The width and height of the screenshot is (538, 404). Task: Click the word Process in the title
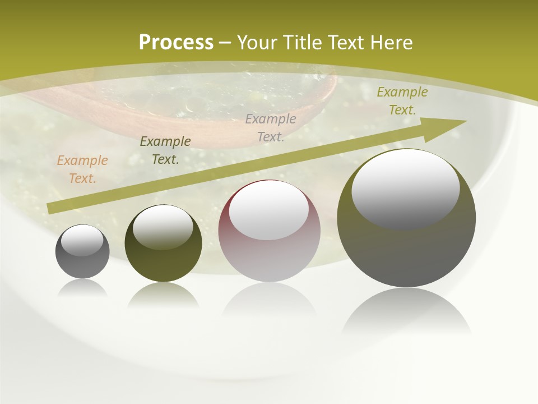(x=176, y=43)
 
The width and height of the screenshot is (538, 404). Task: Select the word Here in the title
(x=390, y=43)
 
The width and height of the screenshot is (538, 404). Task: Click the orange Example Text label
(x=82, y=169)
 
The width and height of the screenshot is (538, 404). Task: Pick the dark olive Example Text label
(x=165, y=150)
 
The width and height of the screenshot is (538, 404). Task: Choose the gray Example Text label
(x=271, y=127)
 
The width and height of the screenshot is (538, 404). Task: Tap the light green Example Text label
(x=402, y=101)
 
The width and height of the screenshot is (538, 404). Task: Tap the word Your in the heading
(x=257, y=43)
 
